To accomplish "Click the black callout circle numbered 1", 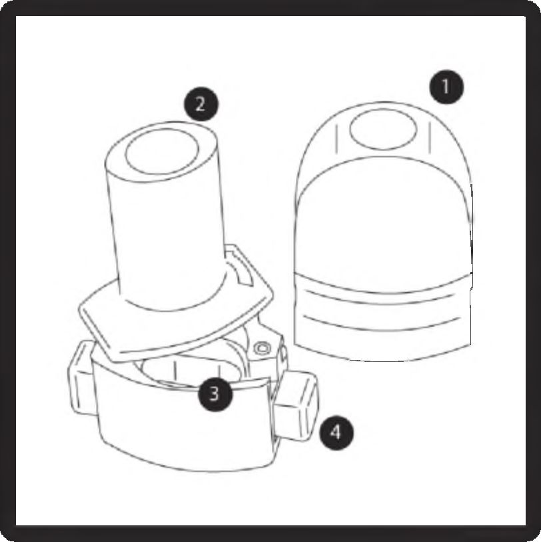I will coord(446,87).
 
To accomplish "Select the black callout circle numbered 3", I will coord(214,393).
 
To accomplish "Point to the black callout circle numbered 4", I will coord(336,433).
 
